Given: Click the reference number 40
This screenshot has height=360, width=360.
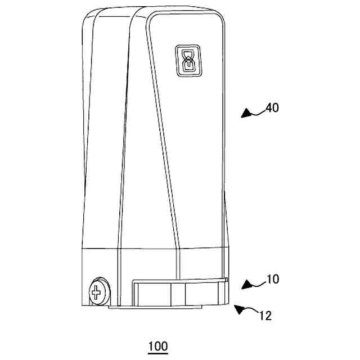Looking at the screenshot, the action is (x=272, y=107).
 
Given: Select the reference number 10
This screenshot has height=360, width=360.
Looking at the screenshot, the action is (x=272, y=279).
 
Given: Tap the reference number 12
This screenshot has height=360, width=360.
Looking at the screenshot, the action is (x=265, y=316).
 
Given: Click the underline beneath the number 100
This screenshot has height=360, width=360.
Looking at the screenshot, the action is (x=157, y=353).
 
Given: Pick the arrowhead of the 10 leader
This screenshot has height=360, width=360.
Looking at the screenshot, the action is (x=245, y=285).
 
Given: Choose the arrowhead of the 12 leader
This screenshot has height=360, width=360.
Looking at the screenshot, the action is (x=237, y=308).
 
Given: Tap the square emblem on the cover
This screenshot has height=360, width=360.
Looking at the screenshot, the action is (x=187, y=60).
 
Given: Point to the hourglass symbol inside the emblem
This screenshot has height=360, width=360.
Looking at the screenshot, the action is (x=187, y=60).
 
